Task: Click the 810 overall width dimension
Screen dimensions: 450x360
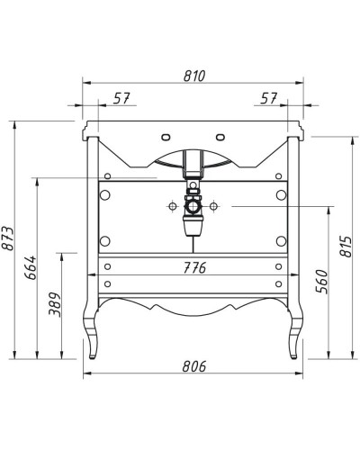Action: click(x=194, y=76)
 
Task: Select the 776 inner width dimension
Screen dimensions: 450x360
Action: click(x=194, y=268)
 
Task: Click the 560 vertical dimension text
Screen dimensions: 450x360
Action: click(x=321, y=284)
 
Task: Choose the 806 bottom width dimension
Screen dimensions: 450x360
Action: click(x=194, y=366)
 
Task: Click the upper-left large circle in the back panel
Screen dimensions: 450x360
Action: click(x=104, y=193)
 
